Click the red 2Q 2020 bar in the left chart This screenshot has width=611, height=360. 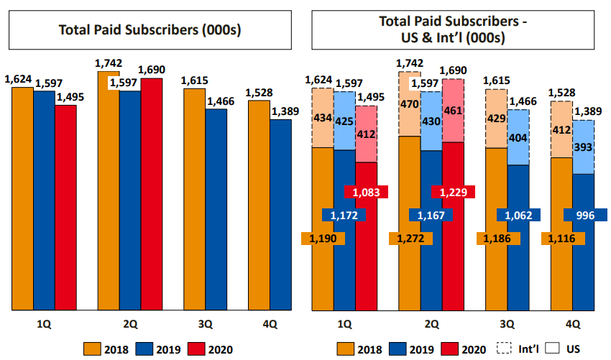(152, 194)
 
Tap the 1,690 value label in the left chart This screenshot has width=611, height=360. (151, 70)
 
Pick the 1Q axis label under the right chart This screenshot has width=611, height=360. (344, 323)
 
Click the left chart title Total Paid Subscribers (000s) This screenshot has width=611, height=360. (150, 30)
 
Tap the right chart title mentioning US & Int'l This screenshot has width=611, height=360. (453, 30)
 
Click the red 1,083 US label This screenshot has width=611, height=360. (367, 192)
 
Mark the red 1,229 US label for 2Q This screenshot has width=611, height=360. (452, 192)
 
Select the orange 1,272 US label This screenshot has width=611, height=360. (409, 238)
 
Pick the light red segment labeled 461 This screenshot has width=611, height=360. (452, 111)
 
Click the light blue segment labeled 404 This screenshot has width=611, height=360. (518, 137)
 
